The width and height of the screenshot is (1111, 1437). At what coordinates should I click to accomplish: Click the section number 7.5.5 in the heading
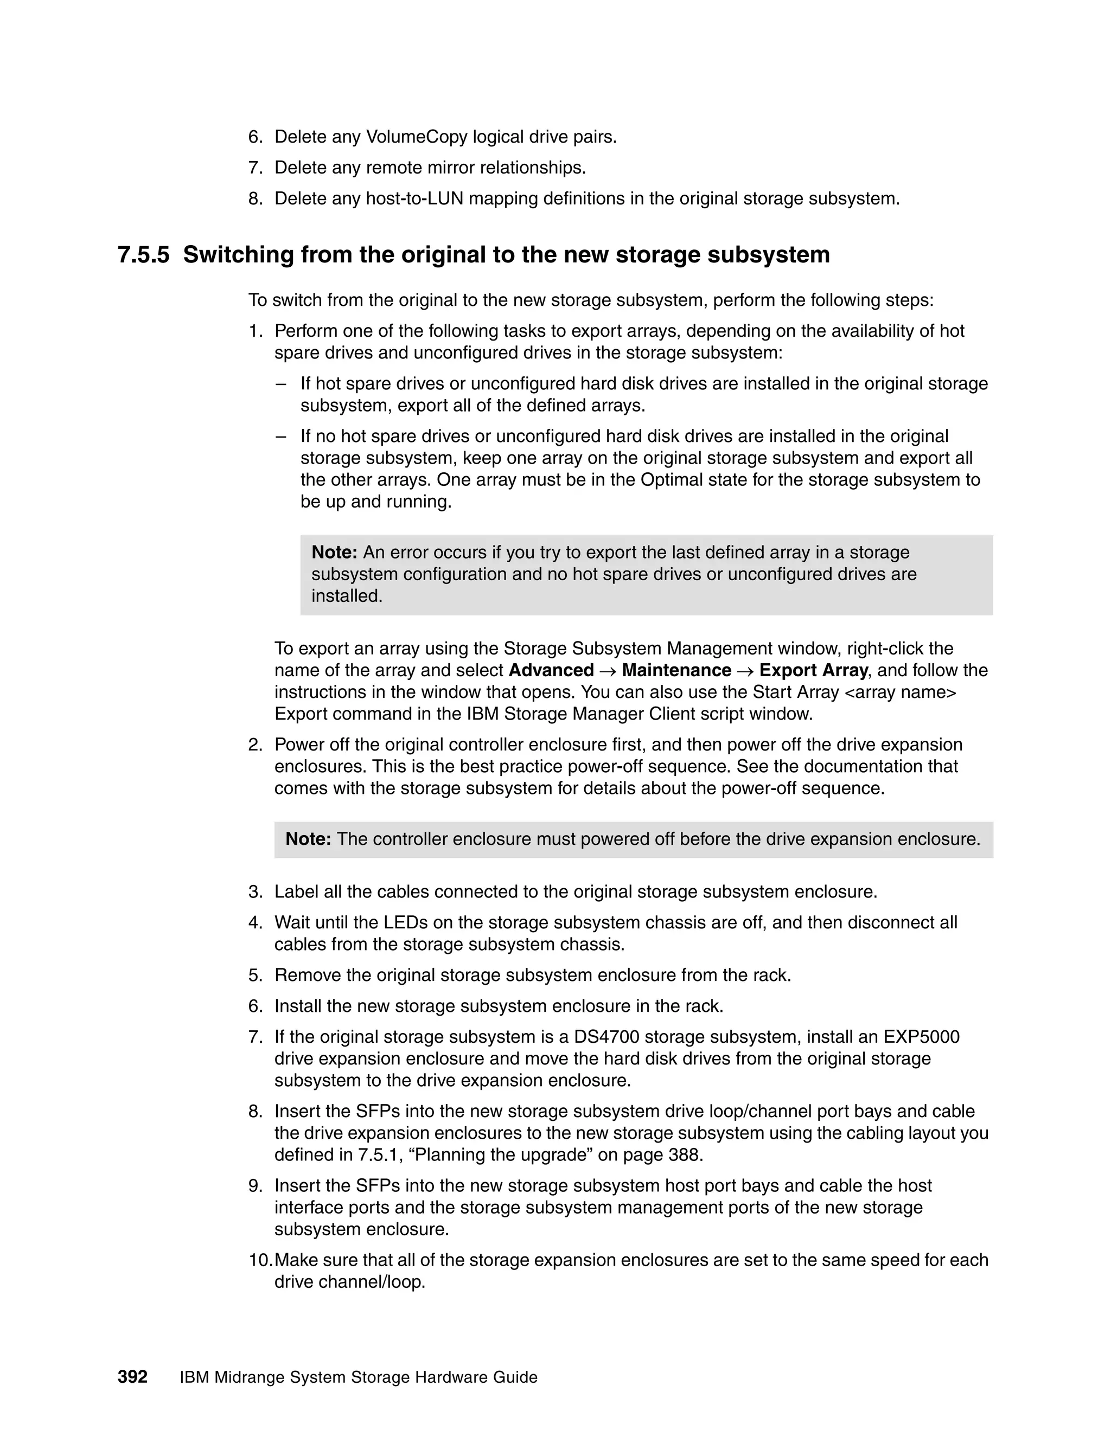(143, 255)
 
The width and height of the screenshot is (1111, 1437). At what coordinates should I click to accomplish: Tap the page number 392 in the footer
(132, 1377)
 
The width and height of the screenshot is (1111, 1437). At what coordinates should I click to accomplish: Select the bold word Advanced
(551, 670)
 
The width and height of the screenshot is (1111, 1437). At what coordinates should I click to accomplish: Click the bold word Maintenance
(676, 670)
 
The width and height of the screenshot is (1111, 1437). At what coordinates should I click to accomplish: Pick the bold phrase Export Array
(813, 670)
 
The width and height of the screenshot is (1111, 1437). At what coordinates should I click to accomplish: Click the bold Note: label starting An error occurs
(334, 553)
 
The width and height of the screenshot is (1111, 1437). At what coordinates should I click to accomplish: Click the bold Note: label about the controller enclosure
(308, 839)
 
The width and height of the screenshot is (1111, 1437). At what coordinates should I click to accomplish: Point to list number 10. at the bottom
(260, 1260)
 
